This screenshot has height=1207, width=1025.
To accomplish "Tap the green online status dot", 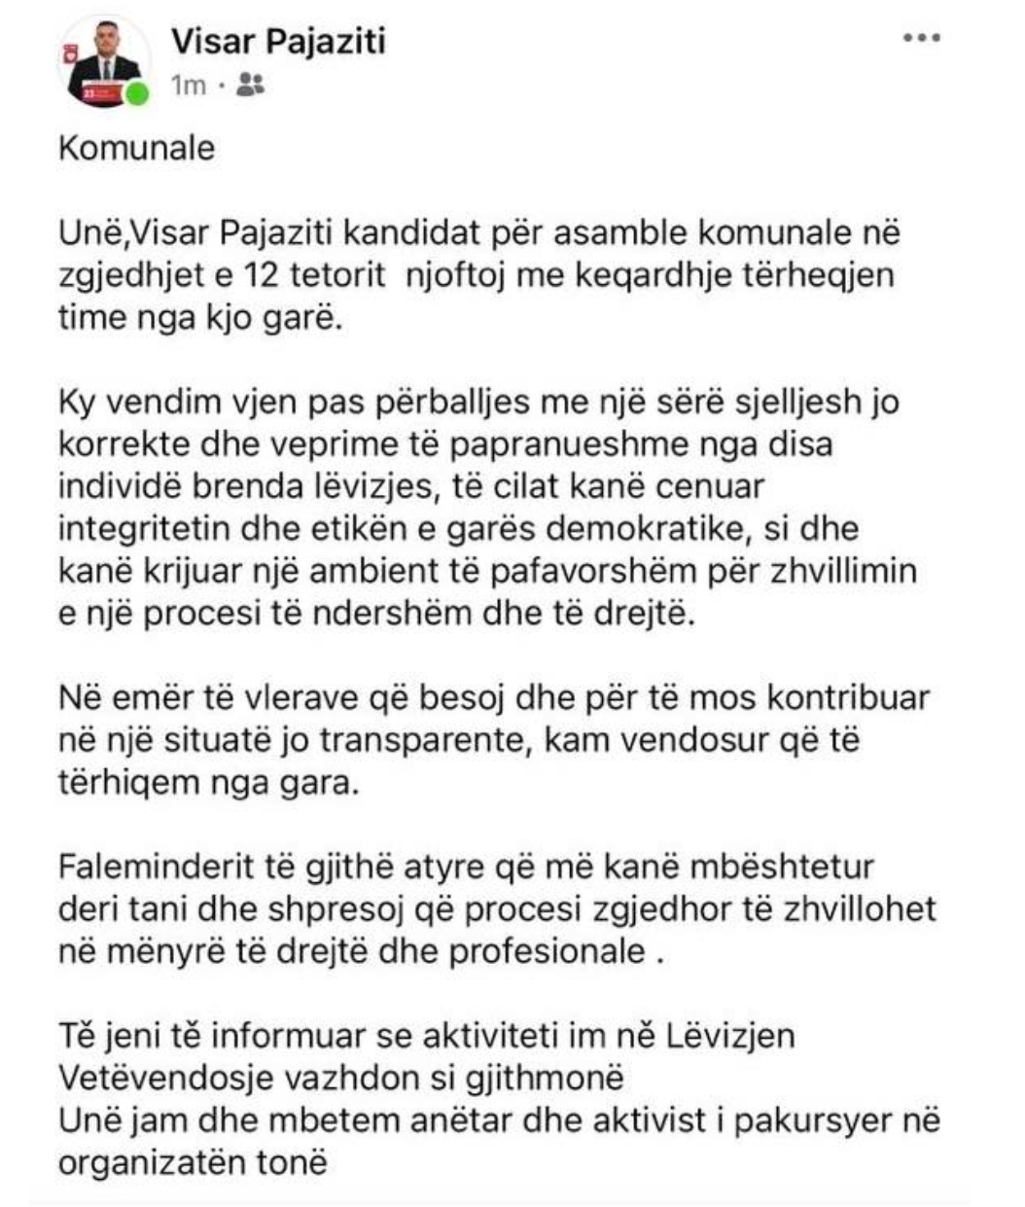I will [x=140, y=94].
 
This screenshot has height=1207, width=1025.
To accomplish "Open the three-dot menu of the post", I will [x=921, y=38].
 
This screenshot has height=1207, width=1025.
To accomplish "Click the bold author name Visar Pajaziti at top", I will [x=278, y=42].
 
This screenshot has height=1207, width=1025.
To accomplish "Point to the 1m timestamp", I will [x=189, y=86].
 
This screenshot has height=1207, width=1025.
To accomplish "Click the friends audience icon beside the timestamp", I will [x=250, y=86].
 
